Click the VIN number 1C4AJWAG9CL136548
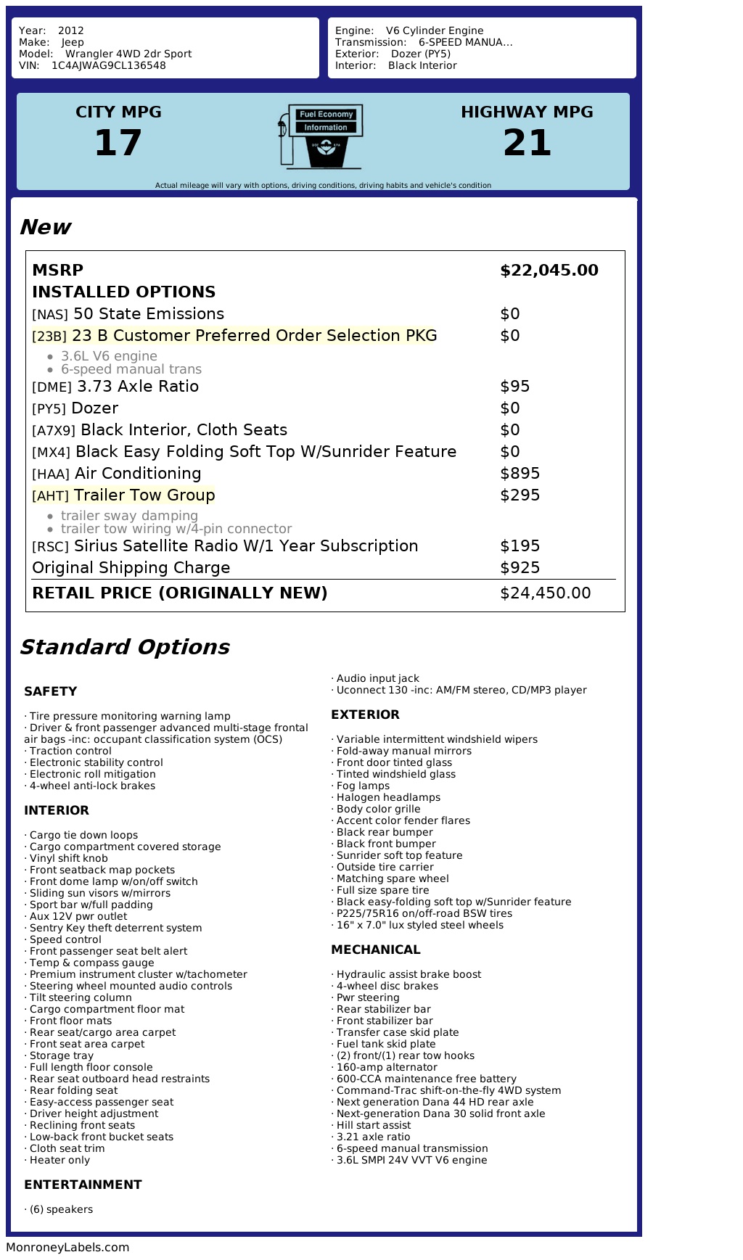[108, 65]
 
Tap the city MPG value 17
[118, 142]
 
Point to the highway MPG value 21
[527, 142]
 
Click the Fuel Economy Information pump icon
[320, 136]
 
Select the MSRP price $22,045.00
[549, 271]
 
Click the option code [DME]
[52, 387]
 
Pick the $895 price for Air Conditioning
[520, 474]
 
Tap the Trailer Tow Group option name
[144, 495]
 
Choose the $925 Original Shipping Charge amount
[520, 568]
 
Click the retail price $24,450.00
[546, 593]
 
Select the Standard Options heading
[124, 647]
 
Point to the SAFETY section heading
[50, 691]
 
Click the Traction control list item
[70, 751]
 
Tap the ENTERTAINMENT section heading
[83, 1185]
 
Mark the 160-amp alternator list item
[387, 1067]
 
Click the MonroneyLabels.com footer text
[67, 1248]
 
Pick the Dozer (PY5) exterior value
[421, 54]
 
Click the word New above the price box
[45, 227]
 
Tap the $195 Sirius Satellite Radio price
[520, 546]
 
